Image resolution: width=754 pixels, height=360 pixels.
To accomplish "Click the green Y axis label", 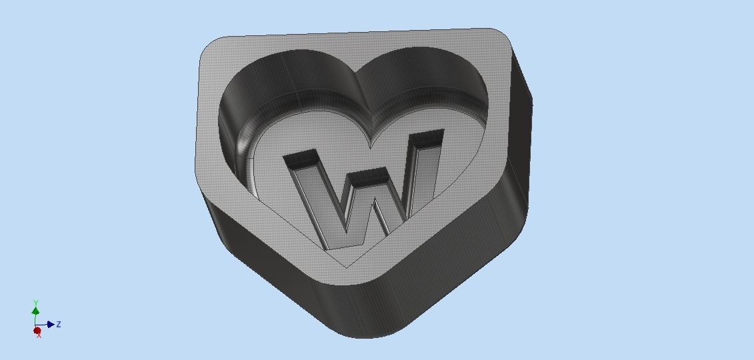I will click(x=35, y=303).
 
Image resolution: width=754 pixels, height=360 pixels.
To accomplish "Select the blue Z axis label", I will click(x=59, y=324).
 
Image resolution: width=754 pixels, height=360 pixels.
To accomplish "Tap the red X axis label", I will click(x=39, y=335).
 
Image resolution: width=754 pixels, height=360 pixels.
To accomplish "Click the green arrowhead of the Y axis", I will click(x=35, y=311).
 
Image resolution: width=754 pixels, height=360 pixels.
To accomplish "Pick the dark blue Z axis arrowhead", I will click(x=51, y=325).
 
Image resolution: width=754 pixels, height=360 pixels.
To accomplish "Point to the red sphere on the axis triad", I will click(x=37, y=330).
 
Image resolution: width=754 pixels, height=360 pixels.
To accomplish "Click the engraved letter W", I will click(x=363, y=193).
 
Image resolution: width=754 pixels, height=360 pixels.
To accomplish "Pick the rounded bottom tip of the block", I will click(x=363, y=330).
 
